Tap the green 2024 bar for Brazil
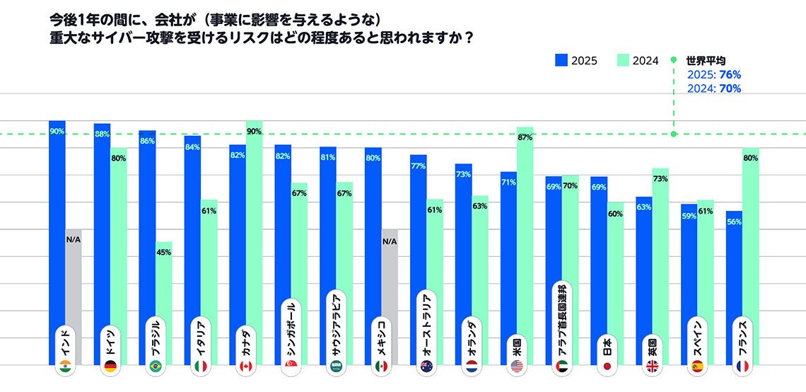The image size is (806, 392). [163, 297]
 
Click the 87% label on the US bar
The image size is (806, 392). [525, 138]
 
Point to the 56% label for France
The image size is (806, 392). [733, 221]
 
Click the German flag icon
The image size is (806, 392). [110, 367]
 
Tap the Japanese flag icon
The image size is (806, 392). [606, 367]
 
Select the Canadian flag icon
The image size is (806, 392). [245, 367]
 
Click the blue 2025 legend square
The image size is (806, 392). [561, 61]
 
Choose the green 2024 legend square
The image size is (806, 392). [624, 61]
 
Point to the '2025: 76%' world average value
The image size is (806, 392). [713, 75]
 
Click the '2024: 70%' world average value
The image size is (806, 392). [713, 88]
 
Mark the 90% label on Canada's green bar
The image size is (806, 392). [254, 131]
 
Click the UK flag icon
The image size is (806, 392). [652, 367]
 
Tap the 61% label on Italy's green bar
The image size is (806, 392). [209, 211]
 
